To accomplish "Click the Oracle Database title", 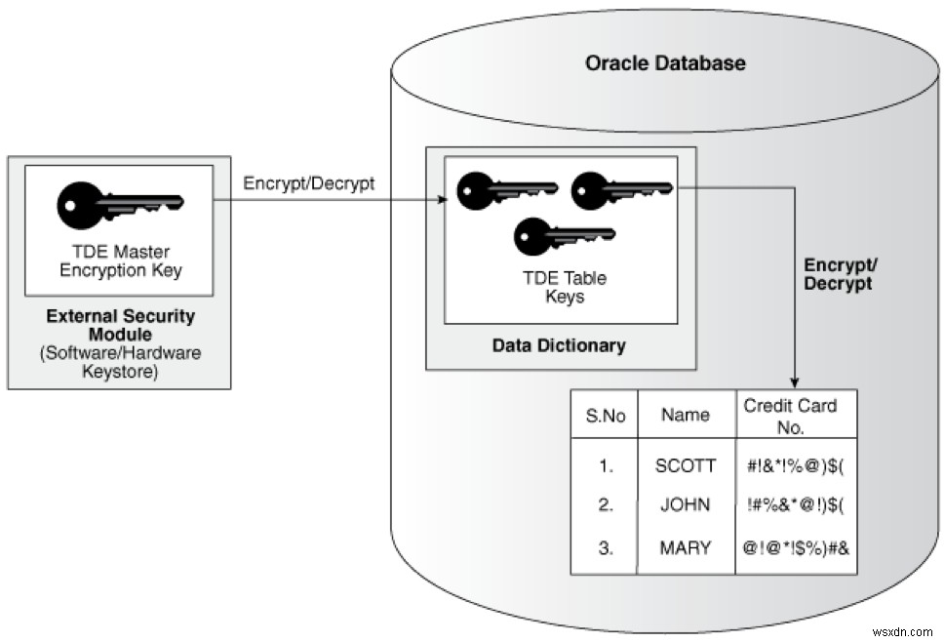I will (x=665, y=63).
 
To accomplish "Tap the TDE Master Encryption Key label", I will (x=120, y=261).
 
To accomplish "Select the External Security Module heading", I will (x=120, y=326).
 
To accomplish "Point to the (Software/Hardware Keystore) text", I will (x=120, y=362).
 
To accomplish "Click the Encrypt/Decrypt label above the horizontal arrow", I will (x=308, y=183).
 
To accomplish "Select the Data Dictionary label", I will (x=559, y=345).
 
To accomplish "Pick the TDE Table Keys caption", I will (x=564, y=287).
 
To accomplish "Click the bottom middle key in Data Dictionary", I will (x=564, y=234).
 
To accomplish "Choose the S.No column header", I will (x=605, y=416).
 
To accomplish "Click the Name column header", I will (x=685, y=415).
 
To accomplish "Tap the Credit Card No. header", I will (x=790, y=416).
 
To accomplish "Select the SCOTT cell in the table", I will (x=685, y=465).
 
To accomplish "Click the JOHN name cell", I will (x=685, y=505).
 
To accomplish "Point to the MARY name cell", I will (x=685, y=547).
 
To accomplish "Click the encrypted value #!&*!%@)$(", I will (x=796, y=465).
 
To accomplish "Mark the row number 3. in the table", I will (x=605, y=547).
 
